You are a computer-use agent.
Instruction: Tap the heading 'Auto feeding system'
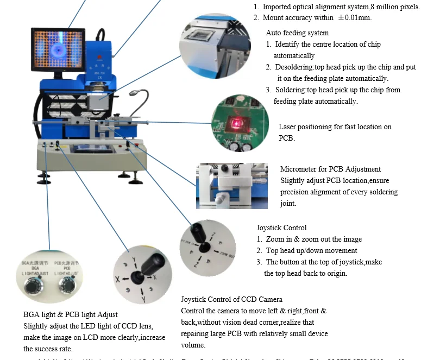tap(297, 33)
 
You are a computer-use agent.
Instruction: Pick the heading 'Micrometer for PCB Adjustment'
tap(330, 169)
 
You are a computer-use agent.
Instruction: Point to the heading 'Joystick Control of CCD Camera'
tap(231, 300)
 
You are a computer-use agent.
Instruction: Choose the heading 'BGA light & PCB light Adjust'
tap(71, 315)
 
